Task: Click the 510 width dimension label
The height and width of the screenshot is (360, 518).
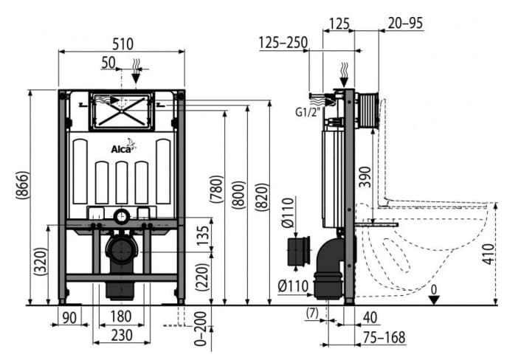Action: (x=123, y=44)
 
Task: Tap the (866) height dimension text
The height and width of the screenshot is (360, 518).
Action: (x=23, y=185)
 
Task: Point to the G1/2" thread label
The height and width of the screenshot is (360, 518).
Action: (x=308, y=112)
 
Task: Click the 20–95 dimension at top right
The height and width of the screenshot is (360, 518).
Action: (x=405, y=23)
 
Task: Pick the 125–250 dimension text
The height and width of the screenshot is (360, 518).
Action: (x=283, y=43)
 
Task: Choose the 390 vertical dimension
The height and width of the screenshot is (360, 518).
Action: (x=365, y=177)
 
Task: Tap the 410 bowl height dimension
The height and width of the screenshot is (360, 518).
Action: (x=488, y=254)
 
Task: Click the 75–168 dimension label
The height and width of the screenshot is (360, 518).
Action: (x=384, y=338)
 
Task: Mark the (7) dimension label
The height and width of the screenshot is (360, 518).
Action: (x=312, y=313)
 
